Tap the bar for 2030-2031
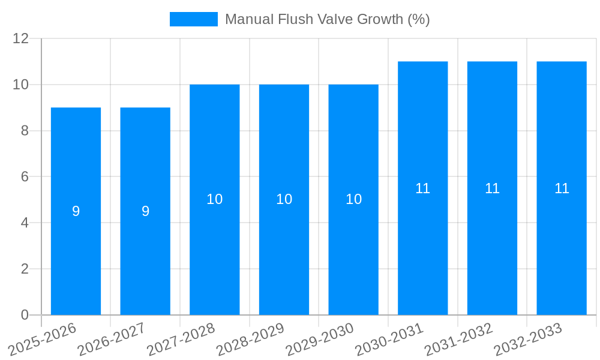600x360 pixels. [x=423, y=240]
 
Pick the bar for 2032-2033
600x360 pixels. [x=562, y=240]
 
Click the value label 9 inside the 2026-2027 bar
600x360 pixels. [x=145, y=211]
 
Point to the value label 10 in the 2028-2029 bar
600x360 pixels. [x=284, y=199]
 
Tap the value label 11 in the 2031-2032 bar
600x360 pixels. [x=493, y=188]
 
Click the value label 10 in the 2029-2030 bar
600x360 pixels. [x=354, y=199]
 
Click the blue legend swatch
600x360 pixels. [x=194, y=19]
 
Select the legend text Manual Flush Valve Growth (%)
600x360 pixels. [x=327, y=19]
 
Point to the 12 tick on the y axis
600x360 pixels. [x=21, y=39]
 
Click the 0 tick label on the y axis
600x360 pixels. [x=25, y=315]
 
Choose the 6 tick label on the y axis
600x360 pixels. [x=25, y=177]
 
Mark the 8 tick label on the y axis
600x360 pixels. [x=25, y=131]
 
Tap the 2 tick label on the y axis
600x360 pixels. [x=25, y=269]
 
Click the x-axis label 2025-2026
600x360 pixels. [x=43, y=339]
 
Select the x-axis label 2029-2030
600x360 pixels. [x=320, y=339]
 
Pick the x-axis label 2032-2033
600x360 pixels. [x=529, y=339]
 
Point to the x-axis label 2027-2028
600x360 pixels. [x=181, y=339]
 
